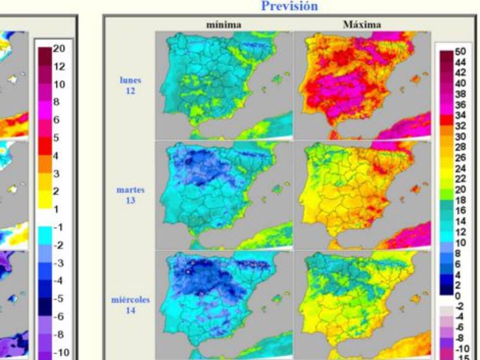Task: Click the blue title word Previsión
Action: point(290,6)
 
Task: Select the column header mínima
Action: point(224,25)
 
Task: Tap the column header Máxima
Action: point(362,25)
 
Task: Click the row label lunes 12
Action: point(130,85)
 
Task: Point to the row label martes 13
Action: point(130,195)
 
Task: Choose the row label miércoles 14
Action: point(130,304)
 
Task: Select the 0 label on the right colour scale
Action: point(458,296)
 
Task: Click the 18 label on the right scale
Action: point(460,200)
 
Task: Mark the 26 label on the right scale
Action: point(460,158)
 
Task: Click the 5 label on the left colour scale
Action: point(56,138)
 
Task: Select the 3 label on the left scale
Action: point(56,173)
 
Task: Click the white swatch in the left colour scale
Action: point(45,218)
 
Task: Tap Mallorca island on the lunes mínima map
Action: point(278,79)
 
